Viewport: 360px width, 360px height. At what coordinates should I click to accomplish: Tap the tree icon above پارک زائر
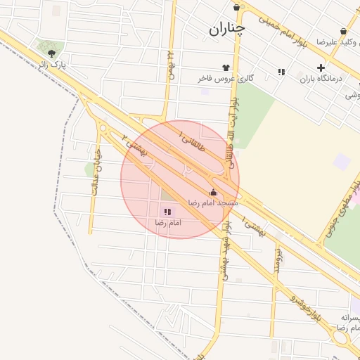pos(51,52)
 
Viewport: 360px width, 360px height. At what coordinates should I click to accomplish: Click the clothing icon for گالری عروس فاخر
pos(226,67)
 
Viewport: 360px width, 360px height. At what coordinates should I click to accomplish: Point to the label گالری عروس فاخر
pos(226,79)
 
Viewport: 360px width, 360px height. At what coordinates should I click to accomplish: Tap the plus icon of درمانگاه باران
pos(321,68)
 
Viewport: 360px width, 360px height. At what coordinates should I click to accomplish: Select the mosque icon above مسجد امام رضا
pos(213,192)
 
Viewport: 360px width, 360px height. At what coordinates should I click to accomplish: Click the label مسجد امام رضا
pos(212,202)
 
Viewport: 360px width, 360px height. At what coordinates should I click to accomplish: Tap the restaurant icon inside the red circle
pos(167,212)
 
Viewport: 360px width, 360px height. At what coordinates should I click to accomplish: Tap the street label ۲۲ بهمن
pos(170,65)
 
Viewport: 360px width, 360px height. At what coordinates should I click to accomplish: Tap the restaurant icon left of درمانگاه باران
pos(281,72)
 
